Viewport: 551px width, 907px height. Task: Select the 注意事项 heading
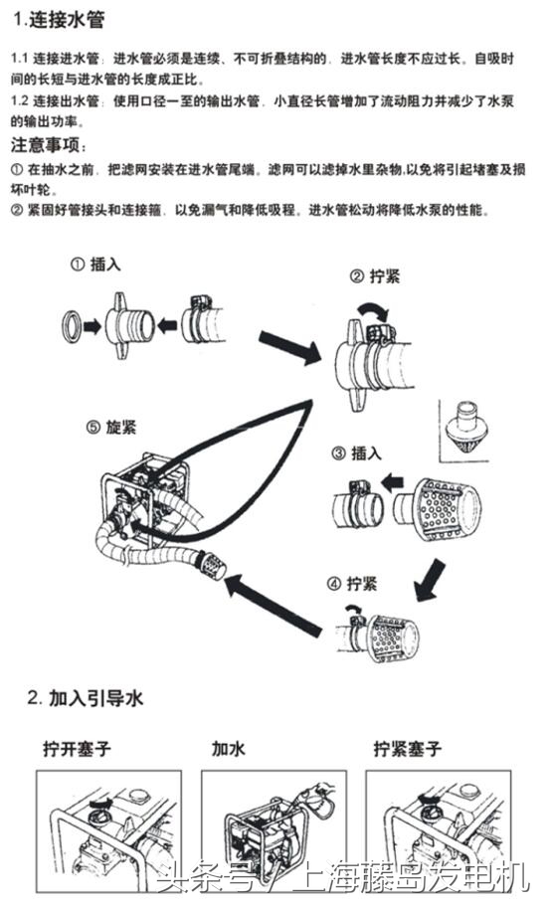(52, 145)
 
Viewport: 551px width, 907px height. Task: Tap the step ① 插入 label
(98, 266)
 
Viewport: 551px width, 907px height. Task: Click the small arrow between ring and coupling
(93, 325)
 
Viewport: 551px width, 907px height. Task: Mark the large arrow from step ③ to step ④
(430, 579)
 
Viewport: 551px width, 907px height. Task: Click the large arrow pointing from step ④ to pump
(272, 603)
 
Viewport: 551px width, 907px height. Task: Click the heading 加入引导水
(87, 698)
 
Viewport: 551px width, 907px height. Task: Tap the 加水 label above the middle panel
(228, 748)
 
